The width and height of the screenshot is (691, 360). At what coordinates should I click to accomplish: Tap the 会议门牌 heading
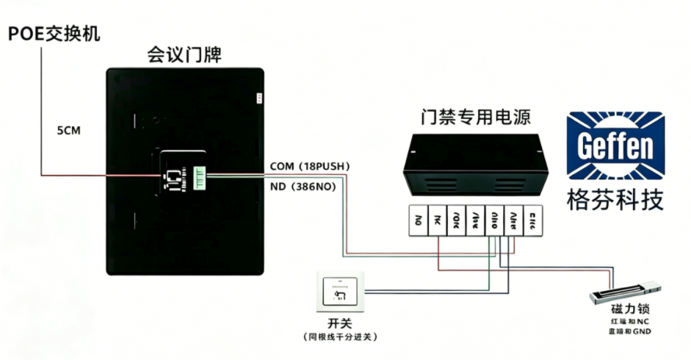click(x=184, y=54)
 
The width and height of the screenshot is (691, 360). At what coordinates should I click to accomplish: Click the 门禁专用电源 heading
click(x=476, y=117)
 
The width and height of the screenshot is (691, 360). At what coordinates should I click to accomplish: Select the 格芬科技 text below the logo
click(x=615, y=199)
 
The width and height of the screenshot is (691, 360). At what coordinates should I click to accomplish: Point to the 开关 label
click(x=339, y=323)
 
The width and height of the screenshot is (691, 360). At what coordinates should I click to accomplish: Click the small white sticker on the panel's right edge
click(x=258, y=98)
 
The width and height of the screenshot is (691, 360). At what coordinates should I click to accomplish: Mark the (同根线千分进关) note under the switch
click(x=339, y=336)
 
